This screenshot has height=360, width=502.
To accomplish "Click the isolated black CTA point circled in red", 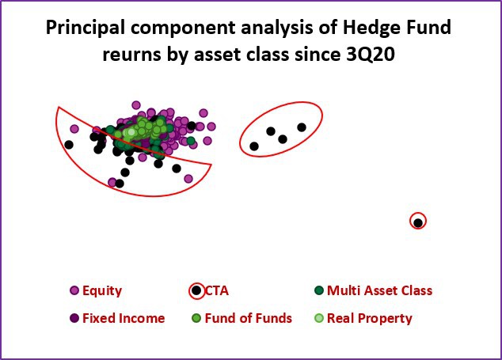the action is (x=418, y=222).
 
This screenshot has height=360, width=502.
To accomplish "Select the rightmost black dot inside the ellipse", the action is (x=302, y=127).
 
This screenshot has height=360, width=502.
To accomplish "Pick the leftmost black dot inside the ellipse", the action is (x=254, y=146).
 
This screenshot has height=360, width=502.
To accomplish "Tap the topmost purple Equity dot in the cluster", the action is (x=136, y=105).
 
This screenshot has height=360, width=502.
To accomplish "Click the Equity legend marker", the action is (x=74, y=290).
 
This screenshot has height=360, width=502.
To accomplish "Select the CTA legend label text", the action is (x=217, y=290).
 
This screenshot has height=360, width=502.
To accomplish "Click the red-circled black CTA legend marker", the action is (x=196, y=290).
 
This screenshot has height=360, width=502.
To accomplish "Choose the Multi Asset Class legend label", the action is (x=380, y=290).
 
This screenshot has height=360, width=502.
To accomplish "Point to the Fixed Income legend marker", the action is (x=74, y=318).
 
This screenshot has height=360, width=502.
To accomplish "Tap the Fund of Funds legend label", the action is (x=249, y=318).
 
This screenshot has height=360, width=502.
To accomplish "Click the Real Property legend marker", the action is (x=319, y=318).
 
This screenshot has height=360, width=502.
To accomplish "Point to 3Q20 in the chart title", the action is (x=371, y=55).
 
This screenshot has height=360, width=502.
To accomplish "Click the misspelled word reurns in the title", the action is (x=132, y=55).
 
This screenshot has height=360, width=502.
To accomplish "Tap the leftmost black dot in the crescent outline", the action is (x=69, y=145).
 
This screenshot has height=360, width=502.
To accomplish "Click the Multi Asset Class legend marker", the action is (x=319, y=290).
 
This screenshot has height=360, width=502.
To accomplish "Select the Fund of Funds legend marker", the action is (x=196, y=318).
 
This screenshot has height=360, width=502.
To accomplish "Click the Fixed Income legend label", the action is (x=124, y=318).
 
